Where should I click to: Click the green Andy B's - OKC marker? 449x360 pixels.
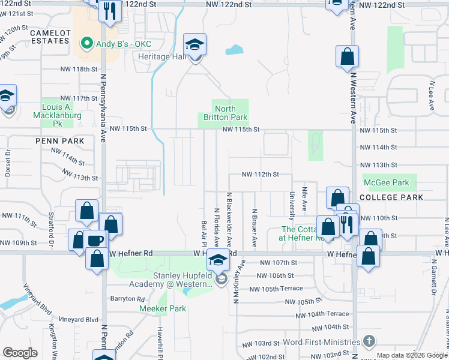[x=86, y=43]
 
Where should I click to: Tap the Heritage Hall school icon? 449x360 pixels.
[x=194, y=45]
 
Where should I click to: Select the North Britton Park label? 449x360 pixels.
[x=223, y=113]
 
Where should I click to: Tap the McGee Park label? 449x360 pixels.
[x=386, y=183]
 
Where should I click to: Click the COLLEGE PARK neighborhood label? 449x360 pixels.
[x=391, y=197]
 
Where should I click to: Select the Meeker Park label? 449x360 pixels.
[x=163, y=309]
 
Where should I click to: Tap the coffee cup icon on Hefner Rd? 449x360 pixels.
[x=95, y=240]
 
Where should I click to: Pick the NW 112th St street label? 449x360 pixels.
[x=261, y=175]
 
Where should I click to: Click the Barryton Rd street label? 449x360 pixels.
[x=127, y=299]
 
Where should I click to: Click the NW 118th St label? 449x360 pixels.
[x=79, y=69]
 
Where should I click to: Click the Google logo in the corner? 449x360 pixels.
[x=20, y=353]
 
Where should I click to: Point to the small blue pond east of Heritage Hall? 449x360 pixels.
[x=234, y=50]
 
